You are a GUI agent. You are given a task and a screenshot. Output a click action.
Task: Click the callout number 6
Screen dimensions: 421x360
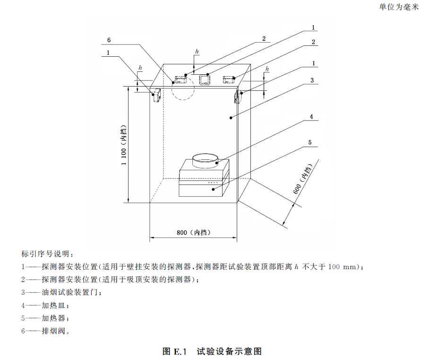tap(109, 40)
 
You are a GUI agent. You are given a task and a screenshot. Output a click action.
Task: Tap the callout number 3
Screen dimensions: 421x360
tap(312, 80)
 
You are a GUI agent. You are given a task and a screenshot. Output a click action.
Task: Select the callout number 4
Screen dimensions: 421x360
tap(311, 117)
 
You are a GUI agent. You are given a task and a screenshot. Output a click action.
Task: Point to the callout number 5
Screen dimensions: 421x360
tap(310, 142)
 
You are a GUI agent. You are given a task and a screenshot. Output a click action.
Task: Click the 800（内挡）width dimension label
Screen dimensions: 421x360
tap(193, 233)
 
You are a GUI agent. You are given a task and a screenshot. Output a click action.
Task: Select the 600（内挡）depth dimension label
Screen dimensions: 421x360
tap(303, 179)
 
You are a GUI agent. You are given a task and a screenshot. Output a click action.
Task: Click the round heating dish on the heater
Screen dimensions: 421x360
tap(205, 161)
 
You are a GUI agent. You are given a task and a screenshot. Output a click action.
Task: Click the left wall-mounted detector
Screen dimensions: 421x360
tap(156, 95)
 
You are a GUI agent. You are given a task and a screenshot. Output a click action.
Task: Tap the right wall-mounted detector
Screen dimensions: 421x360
tap(237, 97)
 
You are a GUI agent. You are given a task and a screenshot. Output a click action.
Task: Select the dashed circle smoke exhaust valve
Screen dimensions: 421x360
tap(183, 88)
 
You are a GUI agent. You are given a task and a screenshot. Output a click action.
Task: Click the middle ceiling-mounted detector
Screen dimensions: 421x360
tap(205, 80)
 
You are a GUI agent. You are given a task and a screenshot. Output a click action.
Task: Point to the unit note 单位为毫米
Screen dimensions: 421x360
tap(399, 7)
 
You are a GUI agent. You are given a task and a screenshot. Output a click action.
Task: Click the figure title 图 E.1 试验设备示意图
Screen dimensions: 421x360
tap(212, 351)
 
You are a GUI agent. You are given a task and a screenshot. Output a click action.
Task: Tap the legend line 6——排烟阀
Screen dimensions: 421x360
tap(46, 331)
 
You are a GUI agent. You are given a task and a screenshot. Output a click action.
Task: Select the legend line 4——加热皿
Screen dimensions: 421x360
tap(45, 306)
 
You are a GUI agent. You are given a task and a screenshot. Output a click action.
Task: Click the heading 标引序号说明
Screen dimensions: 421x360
tap(47, 254)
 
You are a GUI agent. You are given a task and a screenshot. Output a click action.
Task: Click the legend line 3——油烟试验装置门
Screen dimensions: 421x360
tap(62, 292)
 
